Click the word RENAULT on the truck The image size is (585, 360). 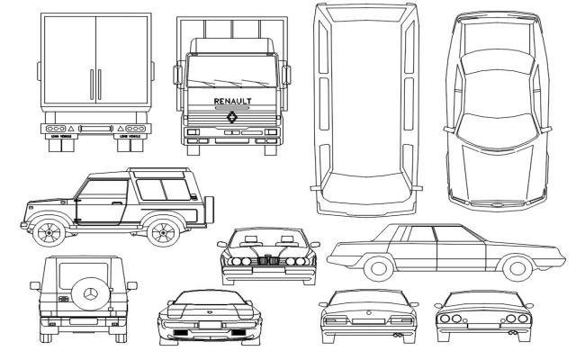pyautogui.click(x=232, y=101)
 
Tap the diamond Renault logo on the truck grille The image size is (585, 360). pyautogui.click(x=232, y=116)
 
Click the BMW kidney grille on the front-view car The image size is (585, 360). pyautogui.click(x=266, y=262)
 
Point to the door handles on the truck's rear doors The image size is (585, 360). pyautogui.click(x=95, y=82)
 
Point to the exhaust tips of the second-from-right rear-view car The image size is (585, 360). pyautogui.click(x=397, y=335)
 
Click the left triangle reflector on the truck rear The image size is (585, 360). pyautogui.click(x=72, y=130)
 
